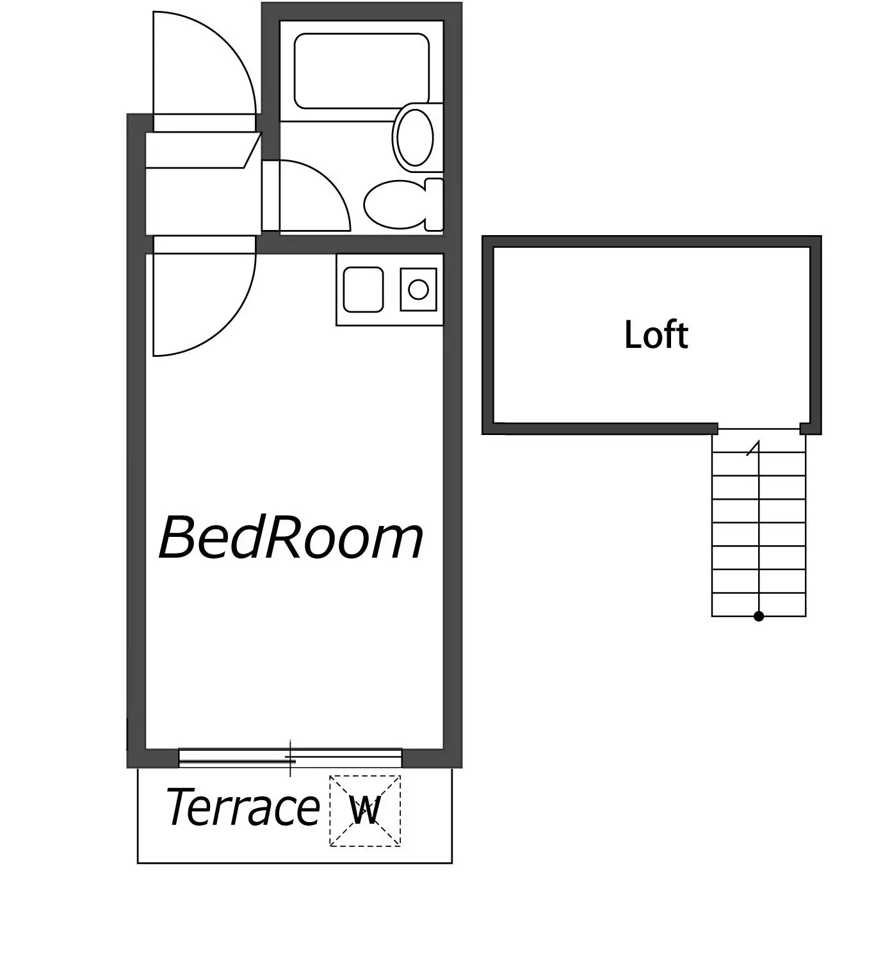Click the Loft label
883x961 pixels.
[656, 334]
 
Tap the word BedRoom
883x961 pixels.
[291, 536]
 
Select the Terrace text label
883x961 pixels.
[242, 807]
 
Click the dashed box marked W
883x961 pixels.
[365, 810]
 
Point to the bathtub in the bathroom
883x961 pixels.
[362, 71]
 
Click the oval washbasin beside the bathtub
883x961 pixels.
[415, 138]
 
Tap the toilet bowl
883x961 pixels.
[394, 204]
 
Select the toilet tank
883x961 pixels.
[434, 204]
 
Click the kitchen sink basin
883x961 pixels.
[364, 290]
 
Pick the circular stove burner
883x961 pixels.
[419, 290]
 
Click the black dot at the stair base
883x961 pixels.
[759, 616]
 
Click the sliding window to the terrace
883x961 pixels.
[290, 759]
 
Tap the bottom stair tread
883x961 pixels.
[759, 605]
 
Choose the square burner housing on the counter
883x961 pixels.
[419, 290]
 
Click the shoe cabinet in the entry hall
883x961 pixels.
[204, 151]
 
